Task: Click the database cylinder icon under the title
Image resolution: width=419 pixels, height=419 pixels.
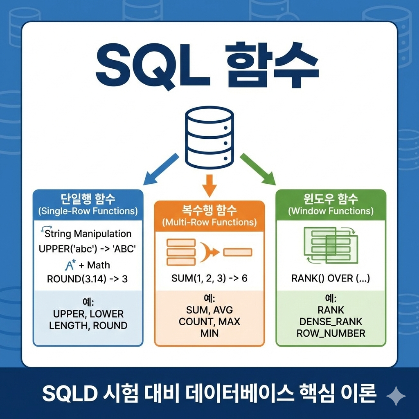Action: (209, 138)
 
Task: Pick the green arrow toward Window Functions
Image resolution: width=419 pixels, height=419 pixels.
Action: (258, 169)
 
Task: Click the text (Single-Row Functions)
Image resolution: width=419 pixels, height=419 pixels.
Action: (88, 211)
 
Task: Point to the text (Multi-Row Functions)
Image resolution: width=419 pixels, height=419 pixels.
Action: (209, 223)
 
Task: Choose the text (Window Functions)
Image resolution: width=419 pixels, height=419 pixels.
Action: (331, 211)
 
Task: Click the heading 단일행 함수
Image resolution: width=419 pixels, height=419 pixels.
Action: (88, 199)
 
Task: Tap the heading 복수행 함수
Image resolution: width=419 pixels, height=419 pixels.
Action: (209, 211)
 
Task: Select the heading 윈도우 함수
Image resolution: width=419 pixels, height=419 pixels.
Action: (331, 199)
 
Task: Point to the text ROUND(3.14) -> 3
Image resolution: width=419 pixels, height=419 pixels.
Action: (88, 279)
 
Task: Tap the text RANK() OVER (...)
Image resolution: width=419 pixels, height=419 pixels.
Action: (331, 279)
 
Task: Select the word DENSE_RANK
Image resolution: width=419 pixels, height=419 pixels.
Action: (331, 322)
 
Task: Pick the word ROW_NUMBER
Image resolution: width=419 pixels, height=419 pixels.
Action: (331, 333)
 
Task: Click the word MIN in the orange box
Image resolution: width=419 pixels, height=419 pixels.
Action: (209, 333)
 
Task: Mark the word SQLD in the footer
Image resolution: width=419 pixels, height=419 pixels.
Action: (65, 394)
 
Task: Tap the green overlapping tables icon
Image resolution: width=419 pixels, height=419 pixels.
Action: (330, 245)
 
